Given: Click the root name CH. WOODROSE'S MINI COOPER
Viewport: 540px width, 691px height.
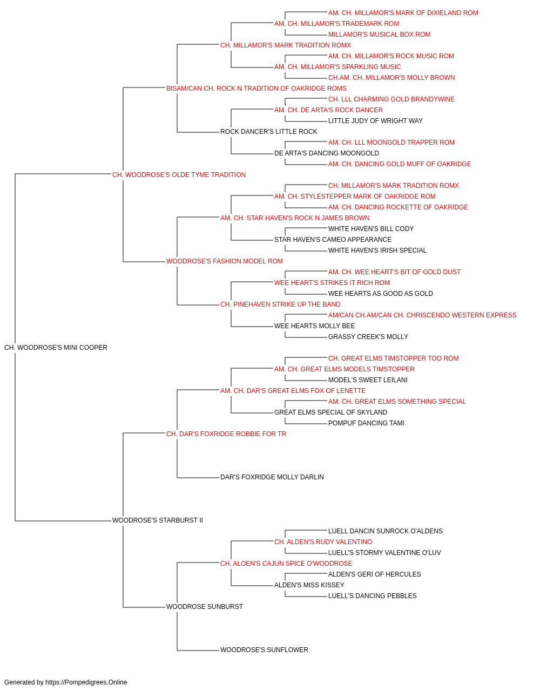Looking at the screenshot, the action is (x=56, y=348).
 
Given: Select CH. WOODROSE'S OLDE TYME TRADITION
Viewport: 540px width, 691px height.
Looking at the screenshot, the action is (x=179, y=175).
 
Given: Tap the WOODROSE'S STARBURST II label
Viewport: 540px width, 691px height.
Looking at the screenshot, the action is (x=158, y=520).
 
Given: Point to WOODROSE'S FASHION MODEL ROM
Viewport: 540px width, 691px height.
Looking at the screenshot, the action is (x=224, y=261).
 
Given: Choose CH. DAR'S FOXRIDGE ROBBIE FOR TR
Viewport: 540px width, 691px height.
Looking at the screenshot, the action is (x=226, y=433).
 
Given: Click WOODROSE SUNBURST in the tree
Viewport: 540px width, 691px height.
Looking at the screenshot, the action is (x=205, y=606).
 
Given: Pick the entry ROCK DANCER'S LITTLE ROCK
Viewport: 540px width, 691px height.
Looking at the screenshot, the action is (x=268, y=132).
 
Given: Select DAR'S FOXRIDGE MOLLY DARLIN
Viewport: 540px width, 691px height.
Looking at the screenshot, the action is (x=272, y=477).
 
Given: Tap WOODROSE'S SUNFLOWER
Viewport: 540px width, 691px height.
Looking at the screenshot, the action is (x=264, y=649).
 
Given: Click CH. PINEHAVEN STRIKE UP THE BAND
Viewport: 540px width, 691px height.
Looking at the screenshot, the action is (x=280, y=304).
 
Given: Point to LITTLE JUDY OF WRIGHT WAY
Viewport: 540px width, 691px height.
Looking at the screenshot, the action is (x=375, y=121).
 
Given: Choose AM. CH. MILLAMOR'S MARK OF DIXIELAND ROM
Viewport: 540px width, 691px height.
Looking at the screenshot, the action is (x=403, y=13).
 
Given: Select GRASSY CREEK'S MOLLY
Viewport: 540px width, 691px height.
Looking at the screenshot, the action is (x=368, y=337).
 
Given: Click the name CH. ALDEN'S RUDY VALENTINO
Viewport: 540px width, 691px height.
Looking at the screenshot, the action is (x=323, y=542).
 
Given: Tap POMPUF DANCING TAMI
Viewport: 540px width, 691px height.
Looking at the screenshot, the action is (x=366, y=423).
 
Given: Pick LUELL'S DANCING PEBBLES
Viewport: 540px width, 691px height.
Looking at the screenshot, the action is (x=372, y=595).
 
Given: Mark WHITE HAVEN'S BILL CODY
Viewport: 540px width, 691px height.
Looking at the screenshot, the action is (x=371, y=229).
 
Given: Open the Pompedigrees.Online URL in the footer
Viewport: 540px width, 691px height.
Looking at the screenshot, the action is (x=86, y=682).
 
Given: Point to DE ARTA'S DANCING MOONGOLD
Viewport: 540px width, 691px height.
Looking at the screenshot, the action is (x=326, y=153).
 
